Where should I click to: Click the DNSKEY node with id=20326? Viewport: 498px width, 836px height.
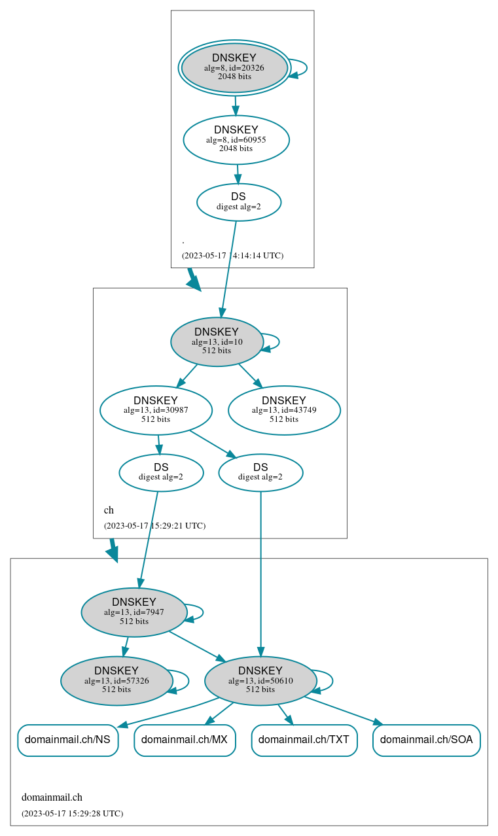coord(234,67)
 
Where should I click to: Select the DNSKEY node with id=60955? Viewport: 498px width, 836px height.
coord(236,139)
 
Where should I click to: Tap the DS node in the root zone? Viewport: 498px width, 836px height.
coord(238,201)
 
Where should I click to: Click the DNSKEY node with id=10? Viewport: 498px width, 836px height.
coord(217,341)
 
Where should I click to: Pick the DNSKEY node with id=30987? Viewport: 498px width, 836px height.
coord(156,410)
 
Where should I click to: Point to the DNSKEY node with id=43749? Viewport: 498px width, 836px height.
coord(284,410)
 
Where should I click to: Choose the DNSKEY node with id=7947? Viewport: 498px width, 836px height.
coord(134,612)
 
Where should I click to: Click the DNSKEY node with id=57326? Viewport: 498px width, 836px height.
coord(116,681)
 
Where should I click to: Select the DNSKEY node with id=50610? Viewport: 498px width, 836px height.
coord(260,681)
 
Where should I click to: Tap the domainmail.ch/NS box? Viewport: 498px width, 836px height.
coord(68,740)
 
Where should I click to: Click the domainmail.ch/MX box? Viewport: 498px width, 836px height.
coord(185,740)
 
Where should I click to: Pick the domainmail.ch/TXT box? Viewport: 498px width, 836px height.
coord(304,740)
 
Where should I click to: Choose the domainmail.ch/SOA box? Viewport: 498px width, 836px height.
coord(427,740)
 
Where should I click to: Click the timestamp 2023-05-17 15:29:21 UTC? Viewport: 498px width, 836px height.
coord(154,525)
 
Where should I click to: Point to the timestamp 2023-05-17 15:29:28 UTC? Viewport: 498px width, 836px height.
coord(72,813)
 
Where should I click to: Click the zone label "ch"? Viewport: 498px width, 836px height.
coord(109,510)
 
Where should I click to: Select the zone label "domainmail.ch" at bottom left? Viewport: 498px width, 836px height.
coord(52,797)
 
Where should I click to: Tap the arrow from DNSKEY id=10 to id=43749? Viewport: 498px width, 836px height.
coord(250,375)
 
